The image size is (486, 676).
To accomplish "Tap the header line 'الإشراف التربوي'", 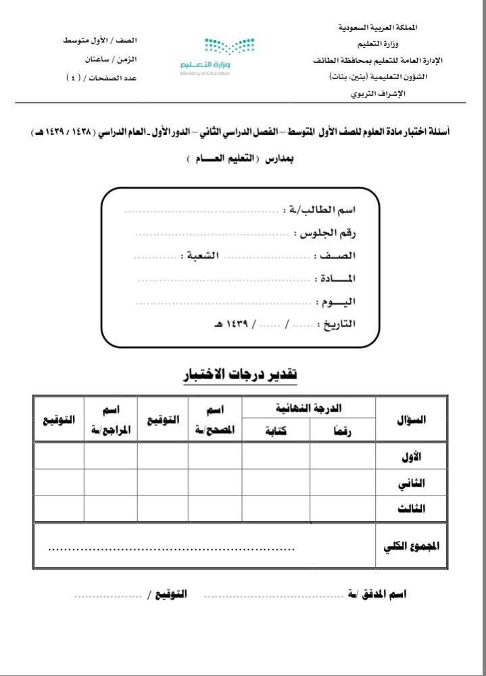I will click(x=378, y=93).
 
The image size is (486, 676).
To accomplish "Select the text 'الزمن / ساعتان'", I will click(x=111, y=59).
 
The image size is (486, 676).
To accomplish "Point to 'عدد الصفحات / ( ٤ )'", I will click(x=101, y=78).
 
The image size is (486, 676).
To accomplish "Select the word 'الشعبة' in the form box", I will click(x=202, y=256).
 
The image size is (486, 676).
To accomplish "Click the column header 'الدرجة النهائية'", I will click(x=309, y=408).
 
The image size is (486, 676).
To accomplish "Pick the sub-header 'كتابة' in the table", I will click(x=276, y=431).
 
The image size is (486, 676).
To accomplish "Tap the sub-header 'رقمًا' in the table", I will click(x=343, y=431).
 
